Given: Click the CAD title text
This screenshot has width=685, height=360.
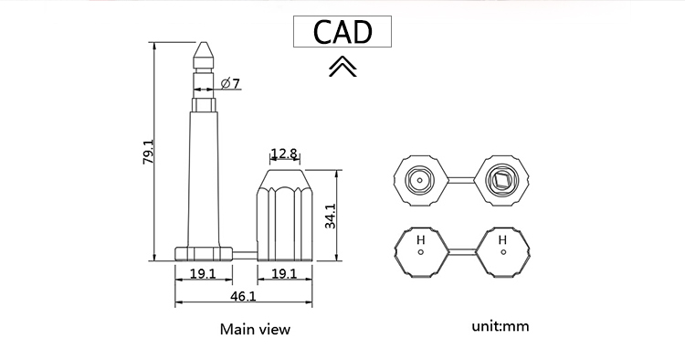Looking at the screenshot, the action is click(342, 32).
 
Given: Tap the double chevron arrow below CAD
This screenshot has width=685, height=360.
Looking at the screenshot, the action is click(342, 67).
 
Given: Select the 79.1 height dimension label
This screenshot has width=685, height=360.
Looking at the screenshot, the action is click(149, 152).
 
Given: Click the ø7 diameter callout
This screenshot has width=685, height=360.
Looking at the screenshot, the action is click(230, 83).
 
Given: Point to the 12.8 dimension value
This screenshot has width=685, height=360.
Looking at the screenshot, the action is click(284, 154).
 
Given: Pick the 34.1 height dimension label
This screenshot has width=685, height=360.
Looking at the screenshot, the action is click(331, 216).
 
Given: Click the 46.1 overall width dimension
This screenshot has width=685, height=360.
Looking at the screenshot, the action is click(243, 296).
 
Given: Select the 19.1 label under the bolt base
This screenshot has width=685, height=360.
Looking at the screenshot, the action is click(203, 273).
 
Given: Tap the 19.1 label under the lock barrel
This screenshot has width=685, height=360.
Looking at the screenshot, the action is click(284, 273).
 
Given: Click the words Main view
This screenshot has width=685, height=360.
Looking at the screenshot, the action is click(255, 329).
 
